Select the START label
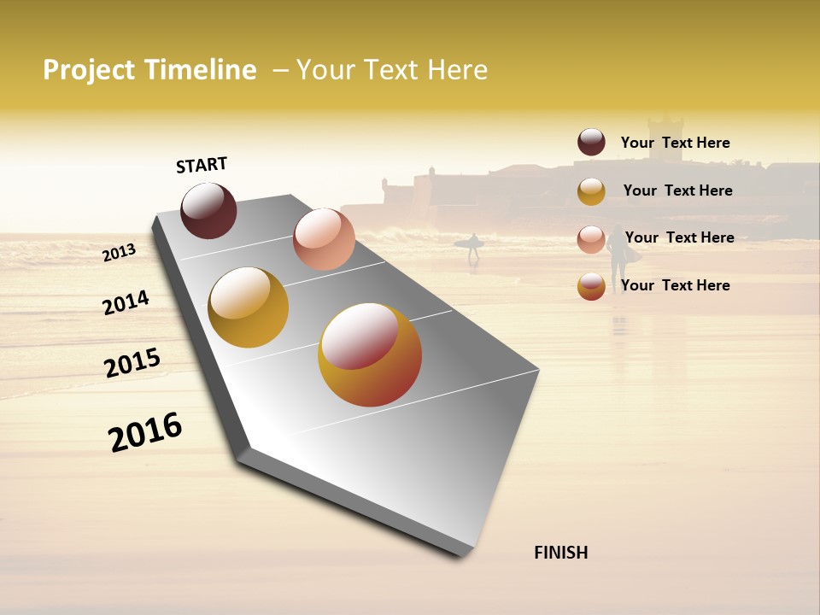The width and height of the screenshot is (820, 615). (x=202, y=165)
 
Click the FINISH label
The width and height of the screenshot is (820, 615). (x=560, y=553)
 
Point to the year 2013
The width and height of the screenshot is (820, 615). (x=120, y=252)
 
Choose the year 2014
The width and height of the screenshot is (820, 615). (x=126, y=302)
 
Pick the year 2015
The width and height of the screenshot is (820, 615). (x=132, y=363)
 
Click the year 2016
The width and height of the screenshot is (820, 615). (x=145, y=432)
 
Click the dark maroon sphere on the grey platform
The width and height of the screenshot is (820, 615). (x=208, y=210)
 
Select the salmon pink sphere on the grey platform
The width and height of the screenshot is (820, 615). (x=324, y=238)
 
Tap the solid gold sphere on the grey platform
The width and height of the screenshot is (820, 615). (x=249, y=307)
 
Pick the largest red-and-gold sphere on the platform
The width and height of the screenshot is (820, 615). (x=370, y=354)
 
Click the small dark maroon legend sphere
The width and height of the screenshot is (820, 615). (x=591, y=142)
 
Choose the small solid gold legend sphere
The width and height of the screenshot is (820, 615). (x=591, y=191)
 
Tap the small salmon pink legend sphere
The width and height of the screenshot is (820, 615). (x=591, y=238)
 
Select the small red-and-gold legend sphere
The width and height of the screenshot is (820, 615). (x=591, y=286)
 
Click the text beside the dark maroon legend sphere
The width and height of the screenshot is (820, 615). (x=675, y=143)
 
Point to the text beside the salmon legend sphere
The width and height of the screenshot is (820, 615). (x=679, y=237)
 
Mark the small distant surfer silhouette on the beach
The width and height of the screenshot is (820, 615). (x=472, y=248)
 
